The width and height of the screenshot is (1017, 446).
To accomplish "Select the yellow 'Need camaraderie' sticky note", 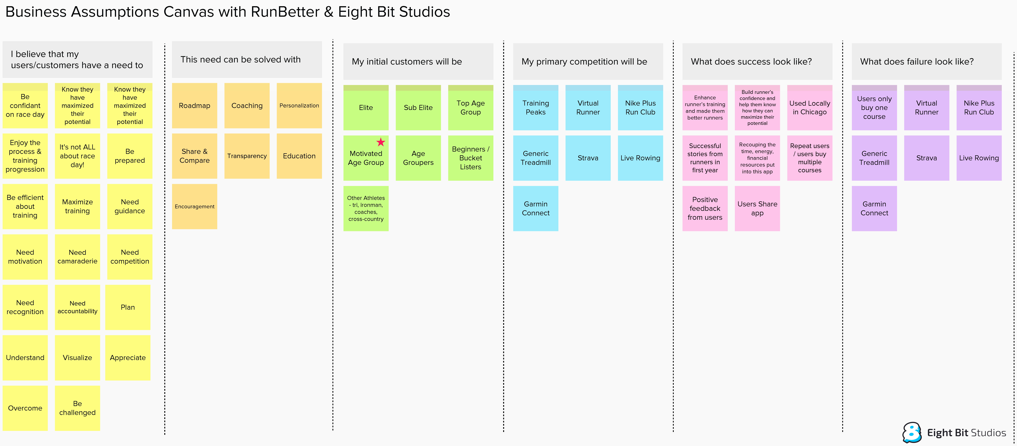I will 77,257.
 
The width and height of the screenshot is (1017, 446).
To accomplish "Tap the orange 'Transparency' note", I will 247,156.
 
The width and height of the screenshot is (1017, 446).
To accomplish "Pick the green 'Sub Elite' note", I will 418,107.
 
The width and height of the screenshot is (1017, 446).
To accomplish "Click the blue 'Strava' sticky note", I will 588,158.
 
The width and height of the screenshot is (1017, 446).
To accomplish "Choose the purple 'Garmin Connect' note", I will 874,209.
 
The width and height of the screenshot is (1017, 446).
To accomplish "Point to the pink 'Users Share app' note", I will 757,209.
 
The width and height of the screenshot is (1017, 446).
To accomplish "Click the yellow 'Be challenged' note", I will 77,408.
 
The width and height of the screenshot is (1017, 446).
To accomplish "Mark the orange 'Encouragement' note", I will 195,207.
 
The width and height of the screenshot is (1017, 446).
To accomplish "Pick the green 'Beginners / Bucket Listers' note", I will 471,158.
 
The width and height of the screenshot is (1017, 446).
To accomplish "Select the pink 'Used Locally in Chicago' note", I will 809,107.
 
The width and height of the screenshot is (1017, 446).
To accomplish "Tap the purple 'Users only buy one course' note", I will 874,107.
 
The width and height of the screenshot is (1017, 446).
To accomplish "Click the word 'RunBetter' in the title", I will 285,12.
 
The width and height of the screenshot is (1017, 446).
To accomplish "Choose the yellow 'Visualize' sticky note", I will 77,358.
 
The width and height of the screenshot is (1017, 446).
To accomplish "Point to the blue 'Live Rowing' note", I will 640,158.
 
